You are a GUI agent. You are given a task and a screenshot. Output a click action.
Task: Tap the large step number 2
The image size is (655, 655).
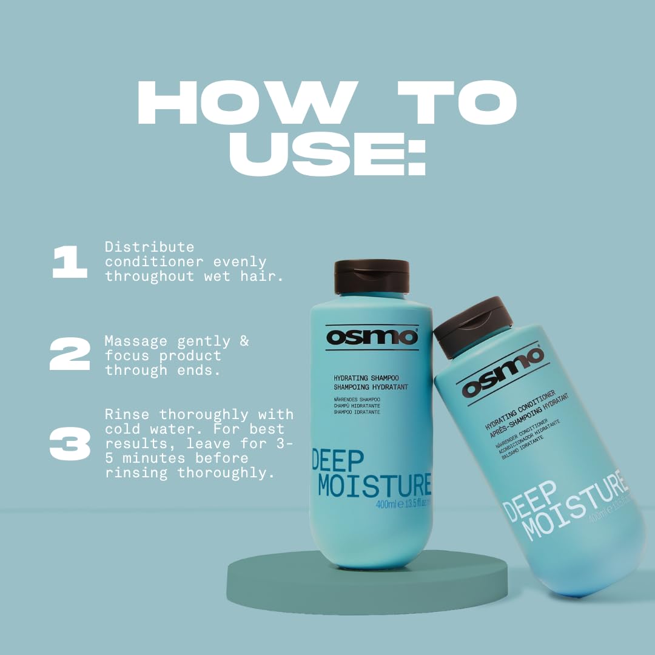click(x=70, y=354)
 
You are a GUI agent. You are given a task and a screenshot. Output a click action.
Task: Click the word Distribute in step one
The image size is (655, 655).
click(x=149, y=247)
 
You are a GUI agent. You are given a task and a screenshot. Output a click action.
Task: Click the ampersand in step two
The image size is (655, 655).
click(x=244, y=341)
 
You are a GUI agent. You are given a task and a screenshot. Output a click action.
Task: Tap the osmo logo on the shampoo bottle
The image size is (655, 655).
click(x=372, y=337)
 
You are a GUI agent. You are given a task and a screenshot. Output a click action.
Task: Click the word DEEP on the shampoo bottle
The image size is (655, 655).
click(x=338, y=462)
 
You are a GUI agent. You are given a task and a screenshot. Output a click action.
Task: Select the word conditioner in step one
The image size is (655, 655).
click(x=155, y=262)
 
